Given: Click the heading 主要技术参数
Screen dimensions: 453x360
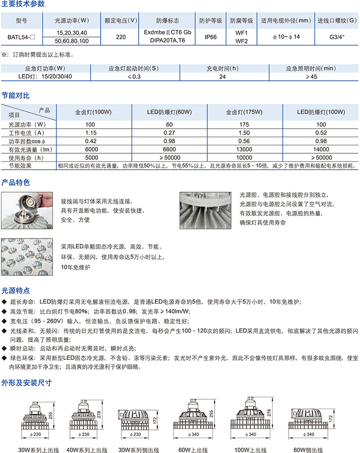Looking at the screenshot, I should pos(23,4).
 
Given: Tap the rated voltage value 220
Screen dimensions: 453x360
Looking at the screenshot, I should pos(120,36).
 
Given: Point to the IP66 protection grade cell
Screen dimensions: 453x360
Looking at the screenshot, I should pos(211,36).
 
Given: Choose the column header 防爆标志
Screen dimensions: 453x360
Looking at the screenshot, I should pos(168,21).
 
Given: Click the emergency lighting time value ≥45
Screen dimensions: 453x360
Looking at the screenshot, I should pos(311,76).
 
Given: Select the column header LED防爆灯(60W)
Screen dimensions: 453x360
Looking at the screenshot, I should pos(169,112).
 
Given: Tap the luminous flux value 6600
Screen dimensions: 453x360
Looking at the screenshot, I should pos(169,149).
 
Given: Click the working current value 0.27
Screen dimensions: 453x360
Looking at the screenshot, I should pos(169,132).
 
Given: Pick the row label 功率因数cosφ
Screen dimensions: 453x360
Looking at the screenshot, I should pos(27,140).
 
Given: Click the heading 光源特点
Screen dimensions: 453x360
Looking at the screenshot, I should pos(16,290).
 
